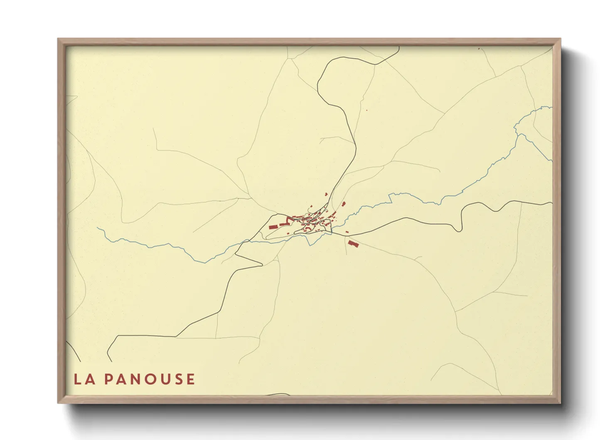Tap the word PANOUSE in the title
pos(150,379)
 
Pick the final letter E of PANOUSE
pos(190,379)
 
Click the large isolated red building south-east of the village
pos(353,244)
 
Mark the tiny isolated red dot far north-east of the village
pos(367,110)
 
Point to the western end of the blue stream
pos(98,227)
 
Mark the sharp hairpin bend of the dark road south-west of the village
pos(261,264)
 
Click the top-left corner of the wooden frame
pos(58,39)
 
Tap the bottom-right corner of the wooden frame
pos(560,403)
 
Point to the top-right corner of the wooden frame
pos(560,39)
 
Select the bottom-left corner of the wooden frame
pos(58,403)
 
